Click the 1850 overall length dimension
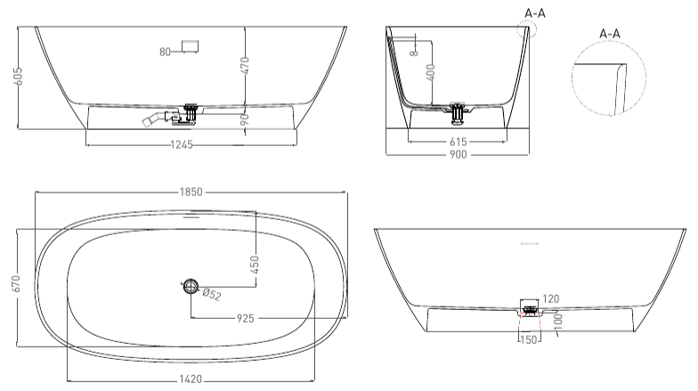(x=191, y=192)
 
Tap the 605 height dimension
(x=19, y=77)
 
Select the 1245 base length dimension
(x=182, y=144)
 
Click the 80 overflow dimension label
(x=166, y=52)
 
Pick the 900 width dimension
(x=458, y=155)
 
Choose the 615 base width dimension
(x=458, y=142)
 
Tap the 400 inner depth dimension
(x=431, y=72)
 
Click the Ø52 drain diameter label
(x=212, y=295)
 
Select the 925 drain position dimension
(x=246, y=319)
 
